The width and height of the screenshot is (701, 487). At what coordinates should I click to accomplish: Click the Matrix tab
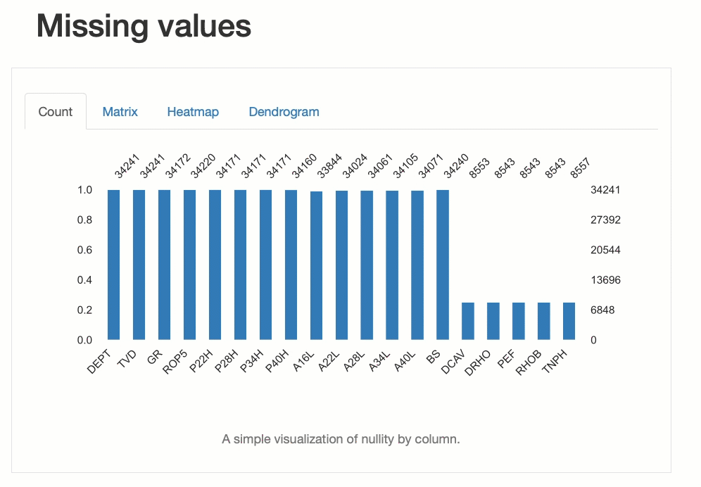[120, 112]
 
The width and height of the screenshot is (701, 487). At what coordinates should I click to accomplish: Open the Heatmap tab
[193, 112]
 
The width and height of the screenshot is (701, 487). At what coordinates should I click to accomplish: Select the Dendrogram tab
[284, 112]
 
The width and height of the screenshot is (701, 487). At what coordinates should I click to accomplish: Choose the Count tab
[56, 112]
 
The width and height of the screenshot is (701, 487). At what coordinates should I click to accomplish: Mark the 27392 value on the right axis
[605, 220]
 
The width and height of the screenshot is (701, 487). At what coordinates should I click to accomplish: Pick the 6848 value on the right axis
[602, 310]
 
